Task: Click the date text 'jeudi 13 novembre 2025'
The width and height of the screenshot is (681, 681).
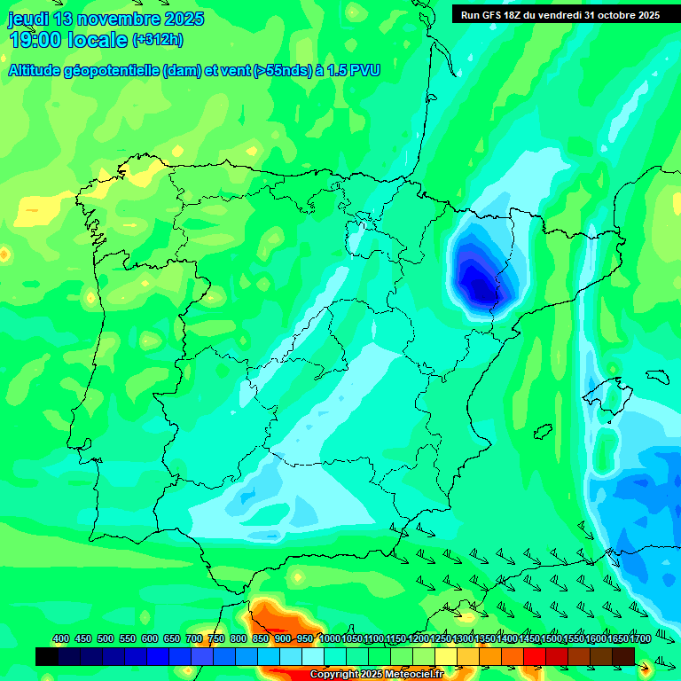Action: pos(106,19)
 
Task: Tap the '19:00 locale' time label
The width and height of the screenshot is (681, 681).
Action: pos(68,40)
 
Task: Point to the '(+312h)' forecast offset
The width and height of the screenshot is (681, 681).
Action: pos(157,40)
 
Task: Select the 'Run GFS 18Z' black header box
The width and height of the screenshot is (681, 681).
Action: pos(560,15)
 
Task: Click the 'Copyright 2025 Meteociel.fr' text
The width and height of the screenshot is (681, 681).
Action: pos(376,675)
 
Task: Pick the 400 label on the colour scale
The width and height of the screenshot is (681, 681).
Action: pos(61,639)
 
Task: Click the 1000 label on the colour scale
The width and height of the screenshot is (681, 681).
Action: pos(330,639)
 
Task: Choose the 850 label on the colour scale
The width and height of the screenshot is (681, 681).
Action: pos(261,639)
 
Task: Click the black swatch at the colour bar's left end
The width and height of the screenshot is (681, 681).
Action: pos(47,656)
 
